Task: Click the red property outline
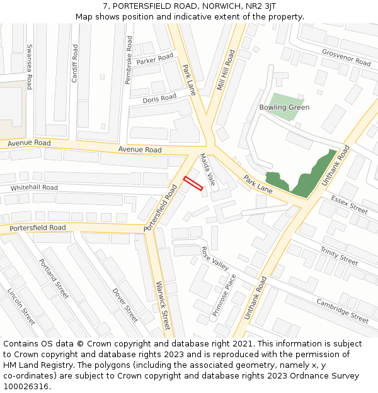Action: point(193,183)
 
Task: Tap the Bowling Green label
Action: point(284,108)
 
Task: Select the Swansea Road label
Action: point(29,67)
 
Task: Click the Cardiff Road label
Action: point(74,64)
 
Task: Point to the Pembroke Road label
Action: point(129,60)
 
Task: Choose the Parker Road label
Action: point(154,59)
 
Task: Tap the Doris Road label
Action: point(159,99)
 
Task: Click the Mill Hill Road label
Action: point(225,70)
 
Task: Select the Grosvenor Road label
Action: point(346,58)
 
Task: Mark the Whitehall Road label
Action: point(34,188)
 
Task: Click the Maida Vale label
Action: point(207,169)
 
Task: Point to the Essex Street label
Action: point(349,204)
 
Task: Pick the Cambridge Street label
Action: point(342,310)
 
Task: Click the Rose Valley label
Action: point(215,258)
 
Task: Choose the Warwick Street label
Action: point(162,305)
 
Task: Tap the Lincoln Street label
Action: point(21,306)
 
